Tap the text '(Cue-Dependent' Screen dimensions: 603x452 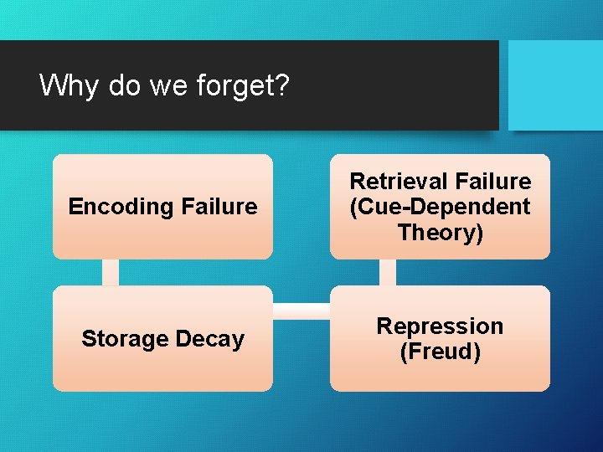[x=440, y=207]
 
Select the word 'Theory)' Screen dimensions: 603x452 [x=440, y=232]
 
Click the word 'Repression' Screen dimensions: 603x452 [x=440, y=326]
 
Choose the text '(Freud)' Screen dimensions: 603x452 [x=440, y=352]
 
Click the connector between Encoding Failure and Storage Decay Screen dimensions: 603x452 [x=110, y=272]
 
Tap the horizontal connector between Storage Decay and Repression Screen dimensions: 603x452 [x=301, y=311]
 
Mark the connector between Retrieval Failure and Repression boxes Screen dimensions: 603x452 [x=387, y=272]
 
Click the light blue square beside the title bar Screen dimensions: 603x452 [x=555, y=85]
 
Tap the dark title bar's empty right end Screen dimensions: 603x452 [x=419, y=85]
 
